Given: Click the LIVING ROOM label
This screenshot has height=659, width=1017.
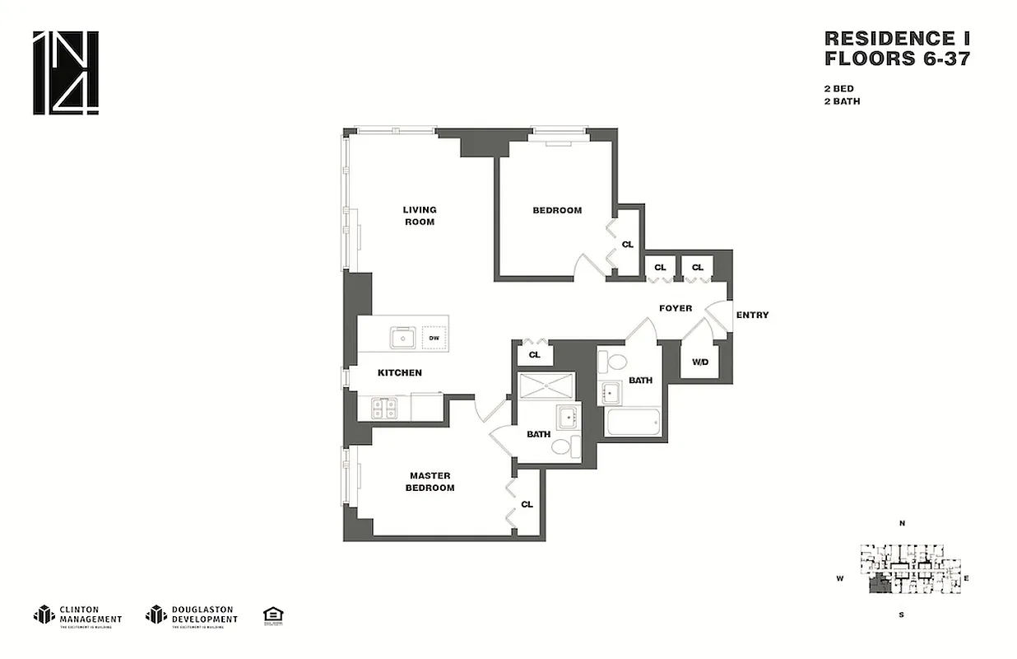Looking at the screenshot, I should pos(420,216).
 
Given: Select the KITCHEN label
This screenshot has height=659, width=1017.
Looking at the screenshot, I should pos(400,373).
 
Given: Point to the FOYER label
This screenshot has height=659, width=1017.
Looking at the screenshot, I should pos(676,309).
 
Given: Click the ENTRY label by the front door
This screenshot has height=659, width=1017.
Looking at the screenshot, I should pos(752,315).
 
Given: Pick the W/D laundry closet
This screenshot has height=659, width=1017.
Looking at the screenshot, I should pos(700,361).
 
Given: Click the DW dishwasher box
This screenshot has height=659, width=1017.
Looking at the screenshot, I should pos(434,338).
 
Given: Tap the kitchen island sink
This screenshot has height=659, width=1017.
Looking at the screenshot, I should pos(403,337).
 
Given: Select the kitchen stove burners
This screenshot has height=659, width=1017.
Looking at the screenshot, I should pos(384,407).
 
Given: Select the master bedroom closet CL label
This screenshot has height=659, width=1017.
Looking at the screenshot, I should pos(527,504).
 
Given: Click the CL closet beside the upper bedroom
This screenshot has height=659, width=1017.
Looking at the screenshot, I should pos(628,245).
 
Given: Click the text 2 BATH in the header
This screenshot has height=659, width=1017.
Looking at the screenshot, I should pos(843,101).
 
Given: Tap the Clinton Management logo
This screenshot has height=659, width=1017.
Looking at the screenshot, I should pos(78,615).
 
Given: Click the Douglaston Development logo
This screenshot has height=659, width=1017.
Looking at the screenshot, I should pos(192,615).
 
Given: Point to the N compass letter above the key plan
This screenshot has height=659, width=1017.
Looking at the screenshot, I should pos(902,523).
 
